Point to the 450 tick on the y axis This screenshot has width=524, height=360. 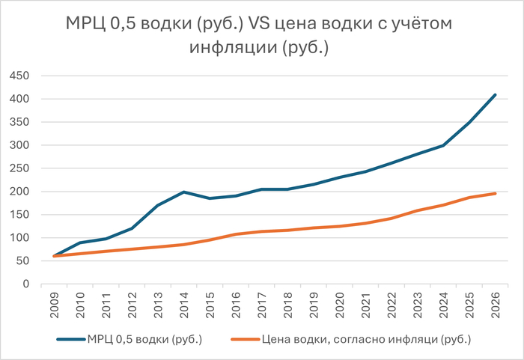click(18, 76)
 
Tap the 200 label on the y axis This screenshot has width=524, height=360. click(18, 192)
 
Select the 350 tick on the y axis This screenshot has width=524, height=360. click(18, 122)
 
